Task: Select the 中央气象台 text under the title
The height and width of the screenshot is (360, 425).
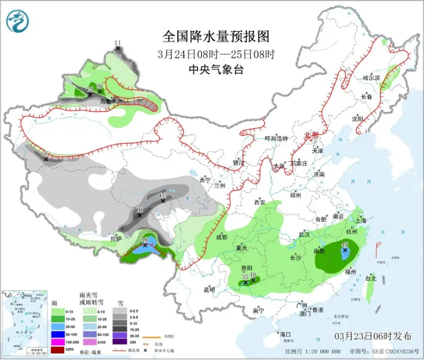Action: (215, 69)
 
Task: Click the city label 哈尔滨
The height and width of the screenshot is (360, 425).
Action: (372, 78)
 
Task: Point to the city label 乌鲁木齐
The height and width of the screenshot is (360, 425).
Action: (108, 101)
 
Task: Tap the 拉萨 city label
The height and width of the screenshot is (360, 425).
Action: (115, 238)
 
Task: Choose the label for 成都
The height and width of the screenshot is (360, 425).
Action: (221, 237)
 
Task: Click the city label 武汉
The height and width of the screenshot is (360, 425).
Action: (304, 235)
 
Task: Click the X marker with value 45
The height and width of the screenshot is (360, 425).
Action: (344, 251)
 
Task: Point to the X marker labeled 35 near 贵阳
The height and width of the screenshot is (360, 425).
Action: (246, 282)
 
